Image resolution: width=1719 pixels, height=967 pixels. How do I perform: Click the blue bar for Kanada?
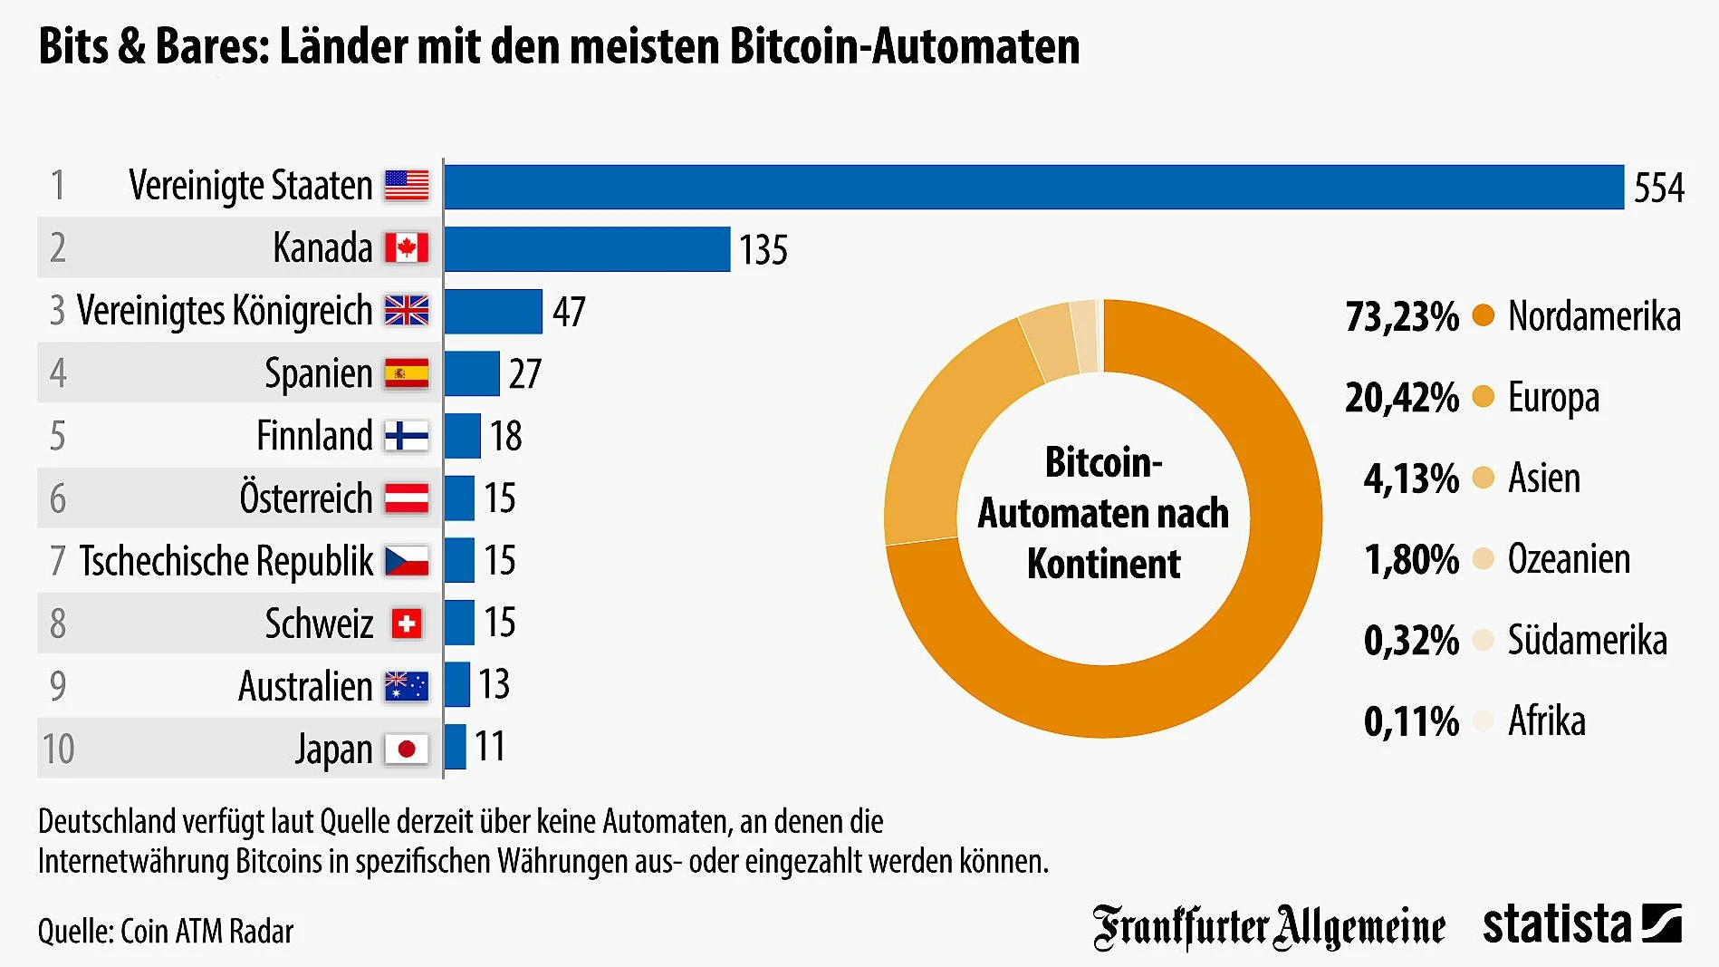point(587,249)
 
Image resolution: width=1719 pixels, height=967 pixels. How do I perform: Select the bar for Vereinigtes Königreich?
point(494,312)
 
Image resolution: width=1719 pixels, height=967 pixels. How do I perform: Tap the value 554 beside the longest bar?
point(1658,189)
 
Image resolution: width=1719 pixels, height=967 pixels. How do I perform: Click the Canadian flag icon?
point(407,247)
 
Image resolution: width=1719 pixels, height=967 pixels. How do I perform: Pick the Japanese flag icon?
point(407,749)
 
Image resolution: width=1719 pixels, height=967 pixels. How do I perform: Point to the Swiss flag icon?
point(407,624)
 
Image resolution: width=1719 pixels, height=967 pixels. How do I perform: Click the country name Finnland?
point(314,436)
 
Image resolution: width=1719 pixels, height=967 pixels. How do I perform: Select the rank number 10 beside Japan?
point(58,749)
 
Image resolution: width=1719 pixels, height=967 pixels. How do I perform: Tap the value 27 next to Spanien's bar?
point(525,374)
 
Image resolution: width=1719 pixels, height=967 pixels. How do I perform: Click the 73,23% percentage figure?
point(1402,317)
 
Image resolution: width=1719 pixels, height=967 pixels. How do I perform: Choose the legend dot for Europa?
point(1483,396)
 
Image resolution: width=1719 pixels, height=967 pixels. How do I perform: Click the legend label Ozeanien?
point(1569,559)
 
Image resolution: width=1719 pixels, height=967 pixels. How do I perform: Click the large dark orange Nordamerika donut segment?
point(1177,689)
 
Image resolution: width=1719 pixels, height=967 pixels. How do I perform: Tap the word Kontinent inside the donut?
point(1103,564)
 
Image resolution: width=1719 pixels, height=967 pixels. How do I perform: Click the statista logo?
point(1581,925)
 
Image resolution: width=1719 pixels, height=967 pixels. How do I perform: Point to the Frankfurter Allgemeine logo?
point(1268,927)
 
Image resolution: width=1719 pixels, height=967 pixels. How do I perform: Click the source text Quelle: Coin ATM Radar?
point(166,932)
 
